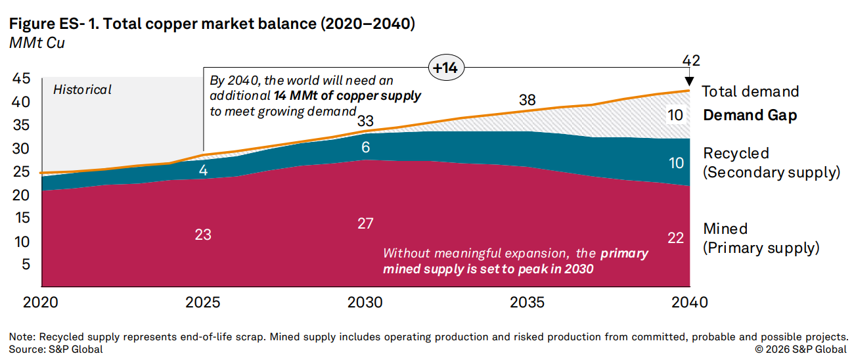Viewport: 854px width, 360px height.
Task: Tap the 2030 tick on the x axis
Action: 365,302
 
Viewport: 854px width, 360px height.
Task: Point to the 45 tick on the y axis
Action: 22,79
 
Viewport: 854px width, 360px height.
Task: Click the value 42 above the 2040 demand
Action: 690,61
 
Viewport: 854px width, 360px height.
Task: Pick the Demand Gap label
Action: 750,116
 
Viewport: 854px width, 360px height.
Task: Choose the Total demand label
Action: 750,91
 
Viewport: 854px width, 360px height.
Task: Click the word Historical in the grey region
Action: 82,89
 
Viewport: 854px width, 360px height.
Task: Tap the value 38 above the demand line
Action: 528,101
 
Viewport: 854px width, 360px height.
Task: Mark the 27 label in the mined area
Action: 365,223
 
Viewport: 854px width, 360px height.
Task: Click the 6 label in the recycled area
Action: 365,148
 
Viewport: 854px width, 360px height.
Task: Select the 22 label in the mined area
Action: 676,238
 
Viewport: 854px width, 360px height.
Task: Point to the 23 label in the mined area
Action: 203,234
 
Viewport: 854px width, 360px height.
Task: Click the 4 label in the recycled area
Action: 203,169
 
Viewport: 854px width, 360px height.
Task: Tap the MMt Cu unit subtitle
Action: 37,43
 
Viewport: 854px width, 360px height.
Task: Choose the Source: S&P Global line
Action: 56,349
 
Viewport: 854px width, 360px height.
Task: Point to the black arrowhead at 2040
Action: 690,85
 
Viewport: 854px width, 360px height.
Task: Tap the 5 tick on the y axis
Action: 26,265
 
